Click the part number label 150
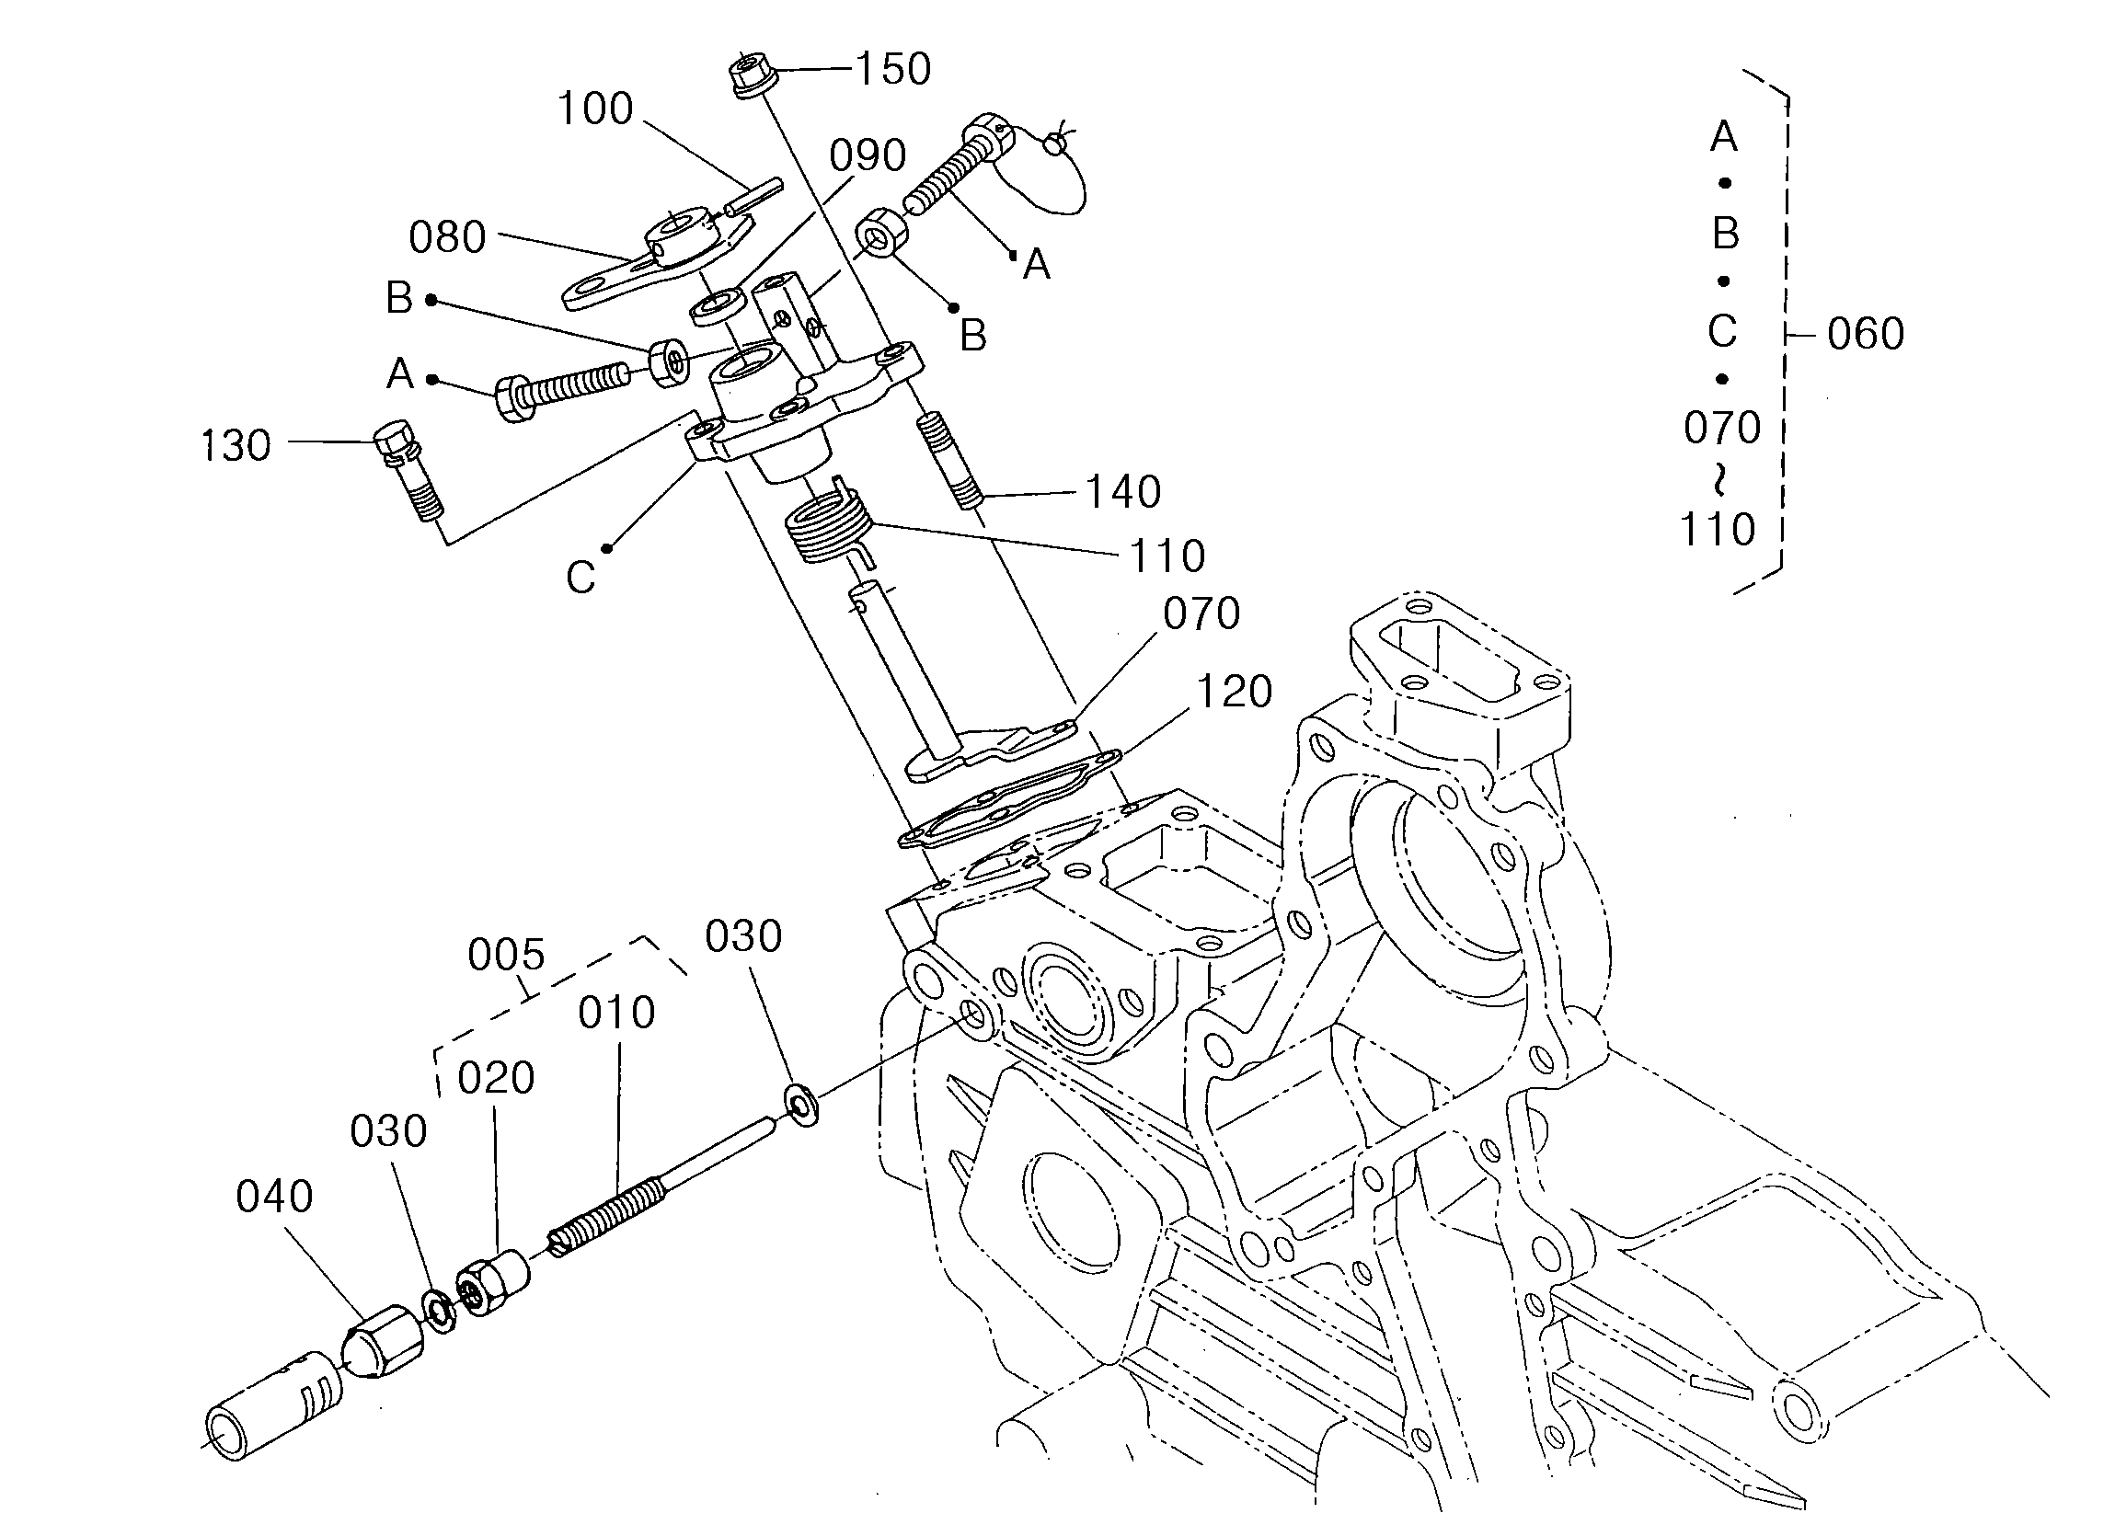click(x=892, y=69)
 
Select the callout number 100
click(x=595, y=109)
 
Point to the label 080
click(x=448, y=237)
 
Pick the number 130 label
click(x=236, y=445)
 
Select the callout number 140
click(x=1122, y=491)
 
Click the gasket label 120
click(x=1234, y=692)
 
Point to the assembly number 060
click(x=1865, y=333)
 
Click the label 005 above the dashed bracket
click(x=505, y=954)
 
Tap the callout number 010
click(x=616, y=1012)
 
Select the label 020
click(x=495, y=1078)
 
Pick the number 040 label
click(x=273, y=1196)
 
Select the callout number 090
click(x=868, y=155)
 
